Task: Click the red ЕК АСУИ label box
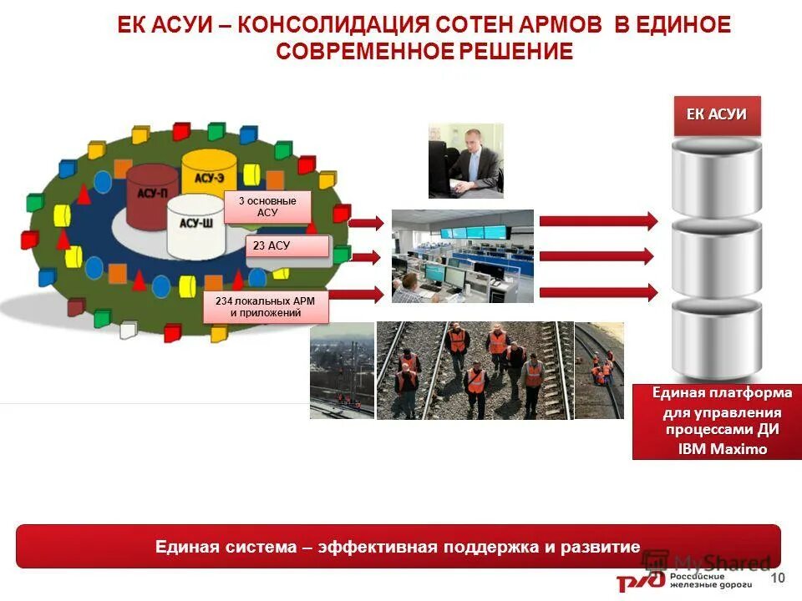click(x=717, y=115)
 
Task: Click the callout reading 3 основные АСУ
click(x=266, y=207)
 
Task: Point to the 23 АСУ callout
click(x=287, y=246)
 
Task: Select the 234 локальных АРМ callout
click(x=266, y=307)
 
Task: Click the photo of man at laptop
click(x=465, y=160)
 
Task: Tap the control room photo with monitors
click(x=462, y=255)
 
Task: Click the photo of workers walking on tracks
click(x=475, y=370)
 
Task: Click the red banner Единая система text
click(x=398, y=547)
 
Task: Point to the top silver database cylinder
click(x=717, y=179)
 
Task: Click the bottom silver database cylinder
click(x=717, y=338)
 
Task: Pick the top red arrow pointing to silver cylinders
click(x=598, y=220)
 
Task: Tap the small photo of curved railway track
click(x=599, y=370)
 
